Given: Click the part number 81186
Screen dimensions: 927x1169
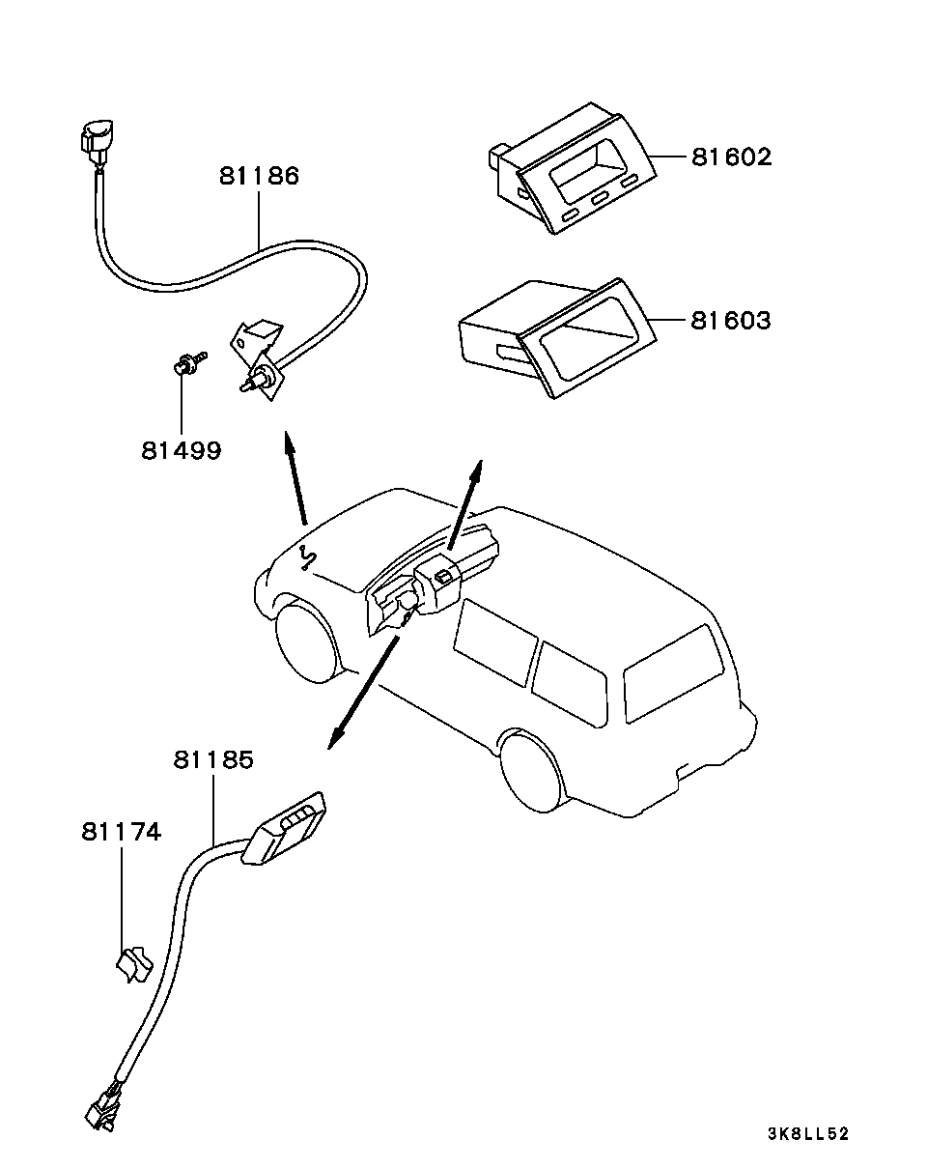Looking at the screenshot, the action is coord(260,176).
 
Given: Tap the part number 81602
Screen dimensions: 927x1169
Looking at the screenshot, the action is coord(732,157).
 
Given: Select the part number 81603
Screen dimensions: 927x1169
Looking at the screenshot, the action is coord(731,321).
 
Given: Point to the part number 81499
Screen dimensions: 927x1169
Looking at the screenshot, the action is coord(182,450).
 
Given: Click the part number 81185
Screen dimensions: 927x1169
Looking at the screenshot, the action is coord(213,760).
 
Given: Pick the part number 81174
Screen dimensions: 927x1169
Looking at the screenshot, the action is coord(122,832).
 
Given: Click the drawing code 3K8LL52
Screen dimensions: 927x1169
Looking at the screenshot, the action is coord(808,1133).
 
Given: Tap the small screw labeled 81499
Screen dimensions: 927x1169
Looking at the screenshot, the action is coord(189,362).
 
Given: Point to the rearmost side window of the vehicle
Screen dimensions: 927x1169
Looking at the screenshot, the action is coord(674,674).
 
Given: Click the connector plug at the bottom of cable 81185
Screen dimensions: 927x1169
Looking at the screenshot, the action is coord(105,1105).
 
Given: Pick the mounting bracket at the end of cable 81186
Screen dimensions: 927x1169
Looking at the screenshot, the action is coord(259,359).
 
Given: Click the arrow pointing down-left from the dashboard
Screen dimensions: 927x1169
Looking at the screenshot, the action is coord(364,693).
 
